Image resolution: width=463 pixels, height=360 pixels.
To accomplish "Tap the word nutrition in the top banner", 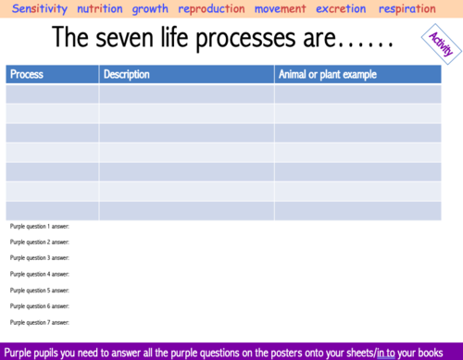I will [x=100, y=9].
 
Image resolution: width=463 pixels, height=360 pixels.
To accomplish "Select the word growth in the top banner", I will [x=150, y=9].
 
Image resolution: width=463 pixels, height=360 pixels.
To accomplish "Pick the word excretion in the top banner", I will [x=341, y=9].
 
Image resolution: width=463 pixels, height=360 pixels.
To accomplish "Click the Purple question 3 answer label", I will [x=39, y=258].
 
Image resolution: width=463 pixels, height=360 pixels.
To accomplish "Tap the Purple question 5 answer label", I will [x=39, y=290].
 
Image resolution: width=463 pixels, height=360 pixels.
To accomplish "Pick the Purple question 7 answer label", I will [x=39, y=322].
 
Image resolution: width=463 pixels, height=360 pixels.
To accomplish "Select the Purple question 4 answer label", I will [x=39, y=274].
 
